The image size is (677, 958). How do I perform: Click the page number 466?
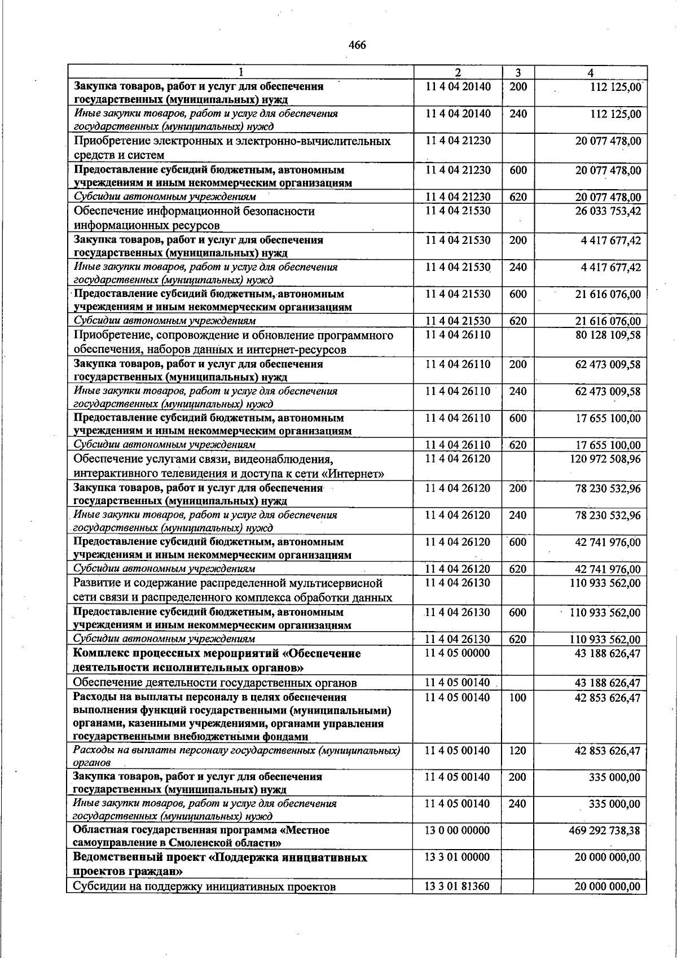[x=358, y=45]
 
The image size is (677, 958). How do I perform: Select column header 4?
[x=590, y=73]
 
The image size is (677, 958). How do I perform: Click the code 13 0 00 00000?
[x=457, y=830]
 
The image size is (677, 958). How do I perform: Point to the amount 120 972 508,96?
[x=605, y=459]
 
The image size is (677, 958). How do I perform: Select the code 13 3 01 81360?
[x=457, y=887]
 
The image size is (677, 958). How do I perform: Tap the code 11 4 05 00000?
[x=457, y=653]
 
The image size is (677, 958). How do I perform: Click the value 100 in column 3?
[x=517, y=698]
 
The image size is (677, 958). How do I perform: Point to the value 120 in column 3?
[x=517, y=751]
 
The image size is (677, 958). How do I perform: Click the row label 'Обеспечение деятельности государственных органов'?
[x=215, y=683]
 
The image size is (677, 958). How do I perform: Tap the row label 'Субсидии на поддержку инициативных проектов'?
[x=205, y=887]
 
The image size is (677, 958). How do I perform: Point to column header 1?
[x=241, y=73]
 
